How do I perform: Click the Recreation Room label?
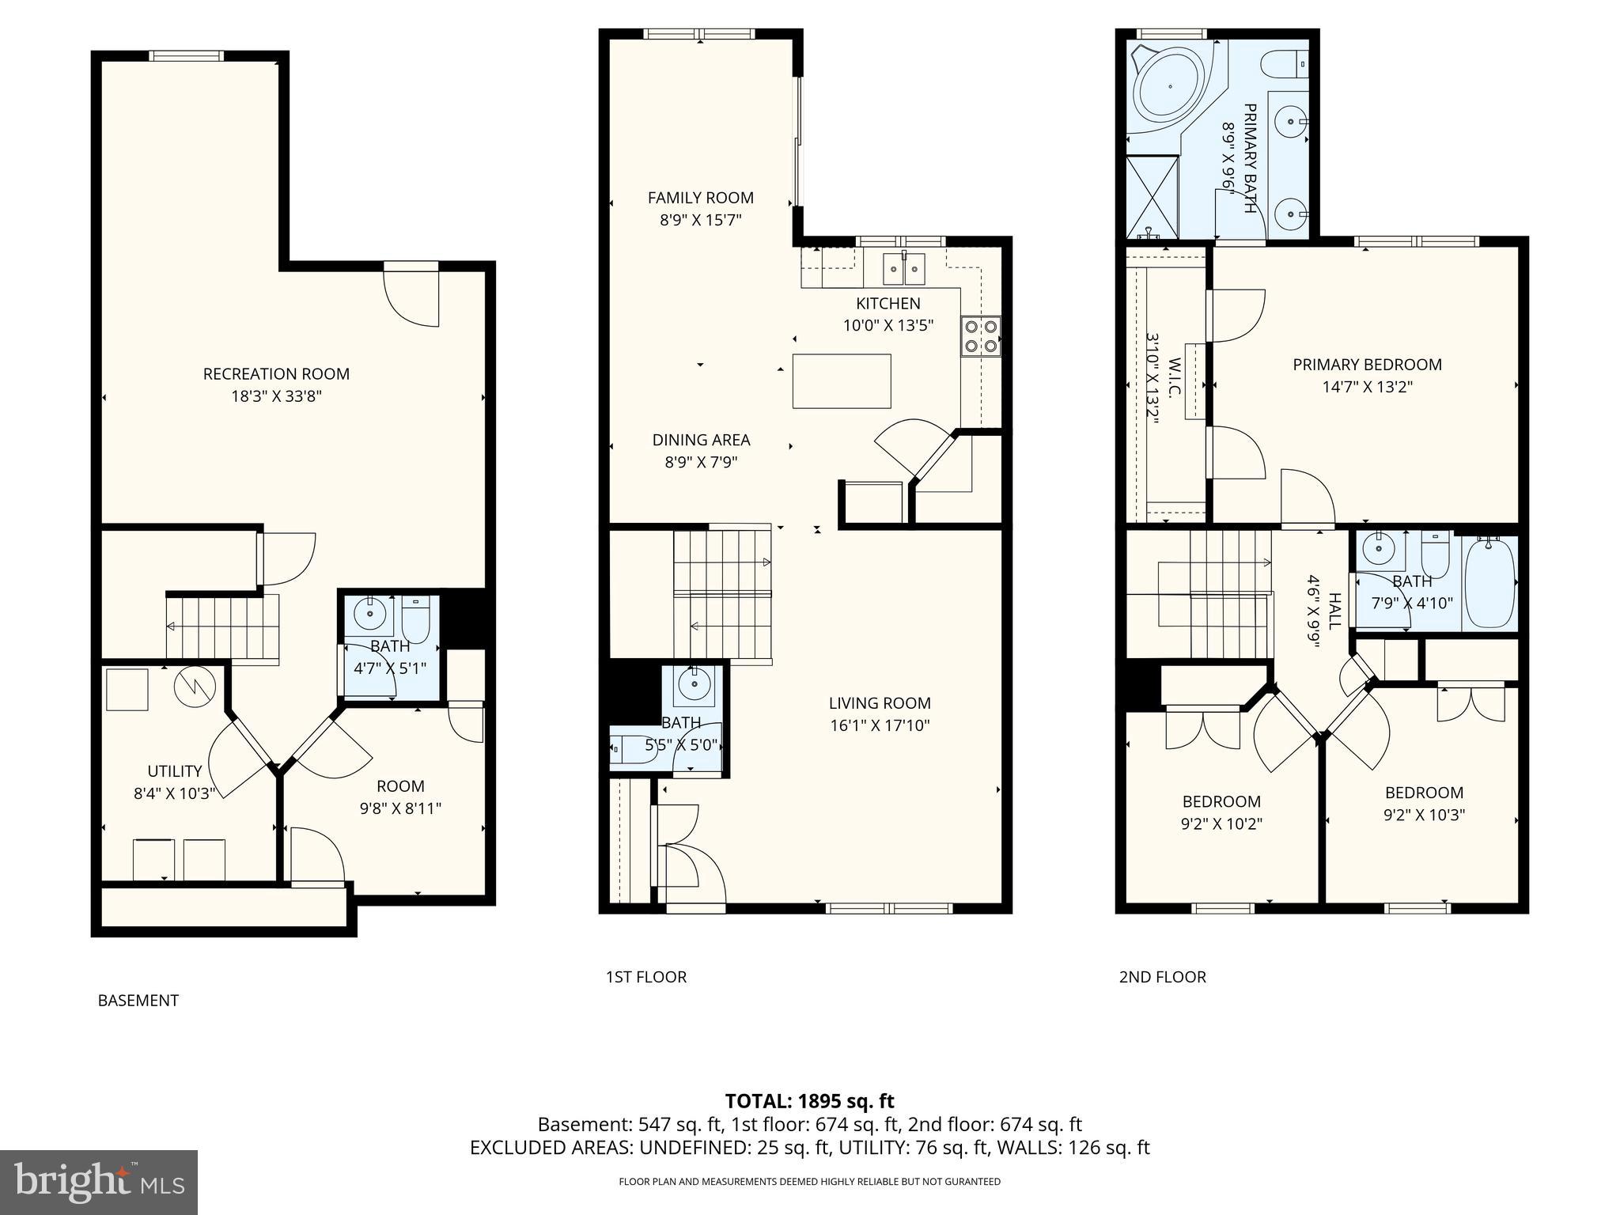(x=276, y=373)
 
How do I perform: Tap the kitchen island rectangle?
(x=842, y=381)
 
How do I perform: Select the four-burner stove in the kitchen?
(x=981, y=335)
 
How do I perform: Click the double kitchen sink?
(x=904, y=268)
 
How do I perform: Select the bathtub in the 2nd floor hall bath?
(x=1490, y=582)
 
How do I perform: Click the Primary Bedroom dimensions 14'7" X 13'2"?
(x=1367, y=387)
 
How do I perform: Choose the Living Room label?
(x=880, y=702)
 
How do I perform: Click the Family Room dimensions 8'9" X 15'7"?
(x=701, y=220)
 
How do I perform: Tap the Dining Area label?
(x=701, y=440)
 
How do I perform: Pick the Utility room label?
(x=175, y=770)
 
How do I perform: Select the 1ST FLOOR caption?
(x=646, y=977)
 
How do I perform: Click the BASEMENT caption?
(x=138, y=1001)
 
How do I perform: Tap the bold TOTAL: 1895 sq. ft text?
(x=809, y=1101)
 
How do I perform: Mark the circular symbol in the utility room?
(x=194, y=688)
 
